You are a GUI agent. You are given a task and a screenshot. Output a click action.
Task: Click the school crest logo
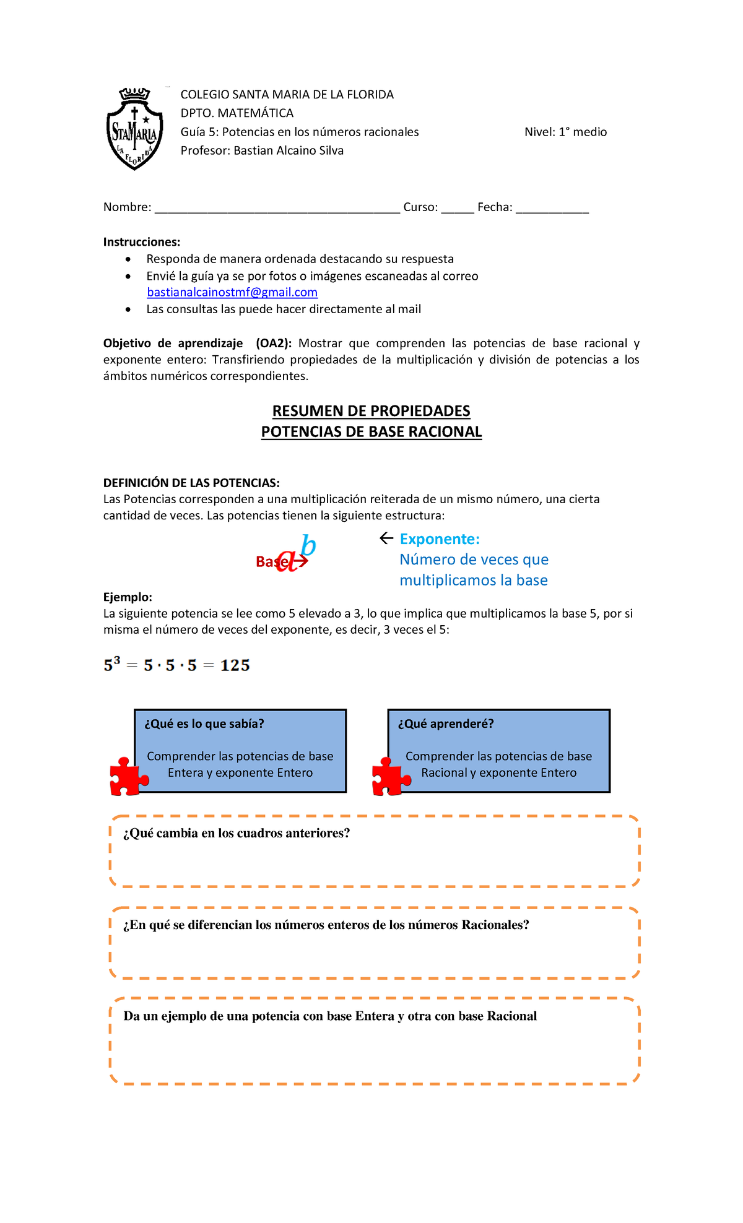point(134,129)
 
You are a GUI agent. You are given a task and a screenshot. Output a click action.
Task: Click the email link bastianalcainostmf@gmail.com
point(232,292)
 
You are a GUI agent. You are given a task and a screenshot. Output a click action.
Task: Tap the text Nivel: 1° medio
point(565,132)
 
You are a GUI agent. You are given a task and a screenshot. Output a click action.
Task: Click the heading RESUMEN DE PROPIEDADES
point(371,411)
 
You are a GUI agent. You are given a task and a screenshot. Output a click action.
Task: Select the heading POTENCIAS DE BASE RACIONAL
point(371,432)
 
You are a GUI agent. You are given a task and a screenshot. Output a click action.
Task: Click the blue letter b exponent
point(308,545)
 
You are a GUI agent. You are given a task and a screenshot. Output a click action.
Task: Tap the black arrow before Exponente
point(386,538)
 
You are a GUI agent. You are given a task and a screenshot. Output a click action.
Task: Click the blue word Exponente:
point(440,539)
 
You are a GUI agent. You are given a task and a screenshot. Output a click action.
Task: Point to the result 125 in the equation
point(235,665)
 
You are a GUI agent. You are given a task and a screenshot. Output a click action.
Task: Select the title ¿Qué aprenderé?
point(446,724)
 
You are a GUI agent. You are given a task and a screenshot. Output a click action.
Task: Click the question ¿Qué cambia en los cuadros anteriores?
point(237,833)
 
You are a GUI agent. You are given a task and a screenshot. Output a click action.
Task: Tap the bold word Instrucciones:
point(142,242)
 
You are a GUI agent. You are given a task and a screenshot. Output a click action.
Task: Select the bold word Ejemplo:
point(128,597)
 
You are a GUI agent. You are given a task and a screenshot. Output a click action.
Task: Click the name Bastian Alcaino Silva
point(288,150)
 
